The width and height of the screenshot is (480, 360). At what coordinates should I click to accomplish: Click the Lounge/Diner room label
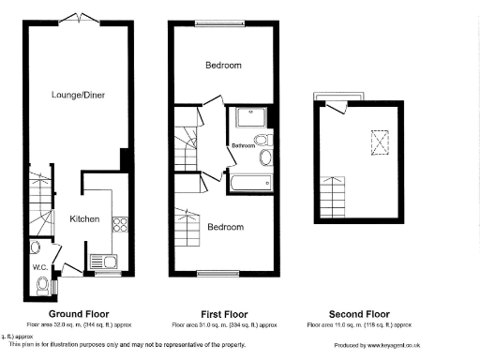point(76,95)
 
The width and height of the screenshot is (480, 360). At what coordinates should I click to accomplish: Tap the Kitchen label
point(84,218)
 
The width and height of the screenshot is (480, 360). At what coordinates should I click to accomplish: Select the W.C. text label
point(40,267)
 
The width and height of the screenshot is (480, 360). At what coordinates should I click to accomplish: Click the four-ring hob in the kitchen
point(120,224)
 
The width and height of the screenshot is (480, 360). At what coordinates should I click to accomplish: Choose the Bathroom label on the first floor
point(243,145)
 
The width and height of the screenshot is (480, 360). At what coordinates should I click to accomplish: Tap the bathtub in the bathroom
point(249,182)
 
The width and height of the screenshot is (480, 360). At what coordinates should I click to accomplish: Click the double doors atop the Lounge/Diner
point(77,19)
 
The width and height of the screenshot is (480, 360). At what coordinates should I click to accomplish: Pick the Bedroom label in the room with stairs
point(226,227)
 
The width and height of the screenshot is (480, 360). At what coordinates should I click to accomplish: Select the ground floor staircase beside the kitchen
point(41,202)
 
